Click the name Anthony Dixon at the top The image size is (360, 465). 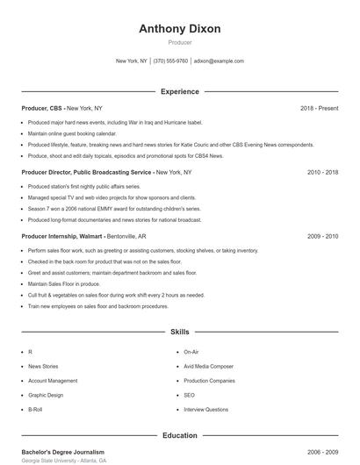180,28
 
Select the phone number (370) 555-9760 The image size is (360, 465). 170,61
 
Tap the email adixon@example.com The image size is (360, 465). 219,61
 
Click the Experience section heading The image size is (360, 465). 180,91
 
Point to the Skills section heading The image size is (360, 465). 180,333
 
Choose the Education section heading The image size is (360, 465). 180,435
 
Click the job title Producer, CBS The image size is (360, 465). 43,108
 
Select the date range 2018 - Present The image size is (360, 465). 319,108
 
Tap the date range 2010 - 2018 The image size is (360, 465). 322,172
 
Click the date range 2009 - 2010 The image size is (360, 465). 322,236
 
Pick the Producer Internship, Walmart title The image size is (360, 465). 62,236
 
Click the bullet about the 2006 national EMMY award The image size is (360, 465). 114,209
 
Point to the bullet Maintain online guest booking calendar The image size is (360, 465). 72,133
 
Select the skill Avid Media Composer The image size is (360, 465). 208,366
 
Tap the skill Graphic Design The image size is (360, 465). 46,395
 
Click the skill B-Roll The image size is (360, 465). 35,410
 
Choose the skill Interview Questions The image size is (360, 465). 205,410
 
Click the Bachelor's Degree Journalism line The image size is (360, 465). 62,452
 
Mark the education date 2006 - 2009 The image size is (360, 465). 322,452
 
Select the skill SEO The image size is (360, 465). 189,395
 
